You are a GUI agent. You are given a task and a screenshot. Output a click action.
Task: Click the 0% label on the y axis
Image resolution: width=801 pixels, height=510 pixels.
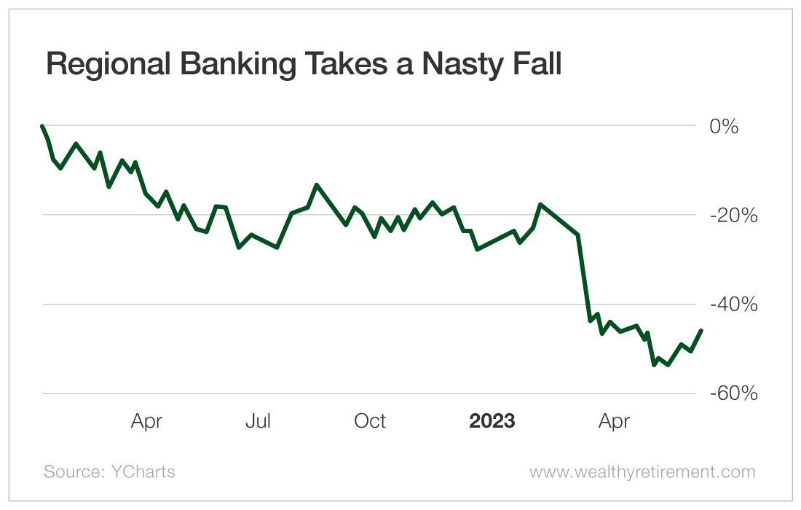(724, 127)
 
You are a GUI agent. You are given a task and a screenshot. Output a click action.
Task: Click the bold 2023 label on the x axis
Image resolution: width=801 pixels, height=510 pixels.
(492, 421)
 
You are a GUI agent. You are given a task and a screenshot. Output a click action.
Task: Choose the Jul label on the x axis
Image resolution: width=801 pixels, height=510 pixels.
(258, 421)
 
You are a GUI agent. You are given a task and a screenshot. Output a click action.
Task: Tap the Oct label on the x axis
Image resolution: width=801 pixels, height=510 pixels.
(370, 421)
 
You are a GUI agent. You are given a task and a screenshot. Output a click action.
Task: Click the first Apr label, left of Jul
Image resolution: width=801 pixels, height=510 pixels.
(146, 421)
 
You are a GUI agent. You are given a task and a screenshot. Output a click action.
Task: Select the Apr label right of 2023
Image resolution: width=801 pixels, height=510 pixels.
(614, 421)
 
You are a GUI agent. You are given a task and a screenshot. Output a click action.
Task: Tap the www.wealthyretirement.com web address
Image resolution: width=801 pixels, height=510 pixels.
(642, 472)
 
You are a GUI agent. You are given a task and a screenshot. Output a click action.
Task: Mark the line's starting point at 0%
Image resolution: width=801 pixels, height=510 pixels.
(42, 126)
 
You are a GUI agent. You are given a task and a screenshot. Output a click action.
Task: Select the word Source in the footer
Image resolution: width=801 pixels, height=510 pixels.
(70, 472)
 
